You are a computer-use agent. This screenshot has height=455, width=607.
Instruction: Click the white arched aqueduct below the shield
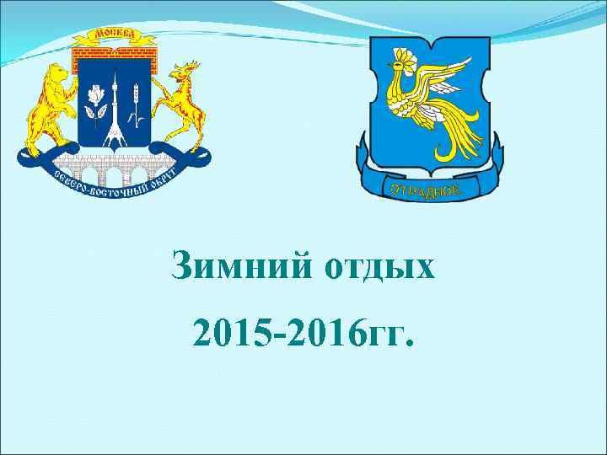pyautogui.click(x=114, y=173)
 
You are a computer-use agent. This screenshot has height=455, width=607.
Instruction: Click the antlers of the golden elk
pyautogui.click(x=190, y=67)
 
